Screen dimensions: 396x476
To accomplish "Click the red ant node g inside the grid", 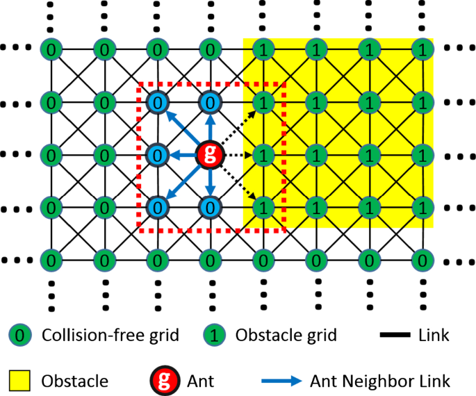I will [210, 154].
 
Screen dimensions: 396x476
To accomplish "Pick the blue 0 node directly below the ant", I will [210, 206].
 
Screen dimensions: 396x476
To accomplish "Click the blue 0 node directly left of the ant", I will [158, 154].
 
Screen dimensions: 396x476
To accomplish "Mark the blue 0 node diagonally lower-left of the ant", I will [158, 206].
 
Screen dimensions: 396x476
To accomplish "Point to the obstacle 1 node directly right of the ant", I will [263, 154].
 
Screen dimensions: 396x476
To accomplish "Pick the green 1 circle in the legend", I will [215, 336].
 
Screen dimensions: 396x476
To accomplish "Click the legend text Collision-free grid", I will [110, 336].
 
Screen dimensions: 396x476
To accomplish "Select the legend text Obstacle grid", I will [286, 336].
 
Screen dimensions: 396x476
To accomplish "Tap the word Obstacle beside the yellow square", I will [74, 381].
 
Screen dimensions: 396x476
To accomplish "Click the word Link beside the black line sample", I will [434, 336].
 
